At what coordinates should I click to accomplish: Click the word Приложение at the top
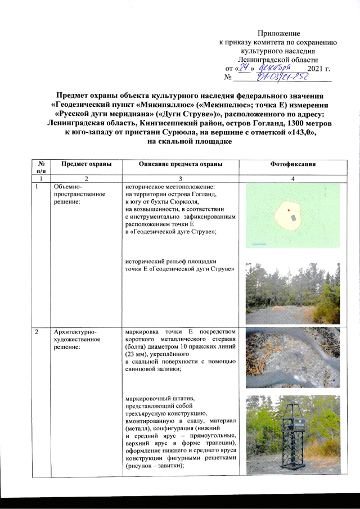[278, 35]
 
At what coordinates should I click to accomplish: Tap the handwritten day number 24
[244, 67]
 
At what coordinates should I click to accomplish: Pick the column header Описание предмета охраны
[179, 164]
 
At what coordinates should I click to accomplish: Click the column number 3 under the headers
[179, 178]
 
